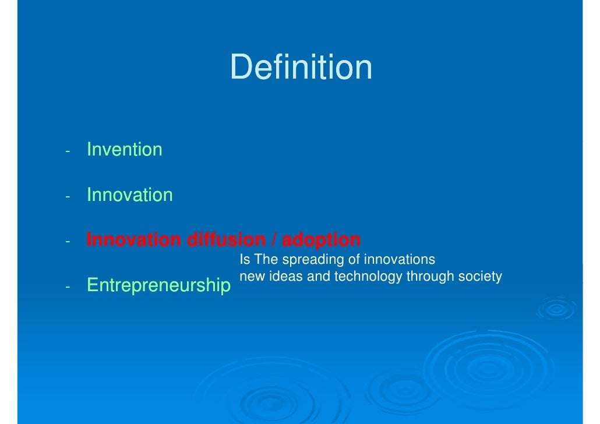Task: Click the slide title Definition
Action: (301, 67)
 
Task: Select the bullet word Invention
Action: (124, 150)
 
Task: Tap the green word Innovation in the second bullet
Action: (129, 195)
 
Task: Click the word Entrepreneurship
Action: (158, 285)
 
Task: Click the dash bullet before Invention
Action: (68, 151)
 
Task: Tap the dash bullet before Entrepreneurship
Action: (68, 287)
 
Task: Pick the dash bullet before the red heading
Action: (68, 242)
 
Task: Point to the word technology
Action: (368, 277)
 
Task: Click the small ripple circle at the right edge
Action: (556, 309)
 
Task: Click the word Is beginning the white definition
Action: (245, 259)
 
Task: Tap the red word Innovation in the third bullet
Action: (133, 240)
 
